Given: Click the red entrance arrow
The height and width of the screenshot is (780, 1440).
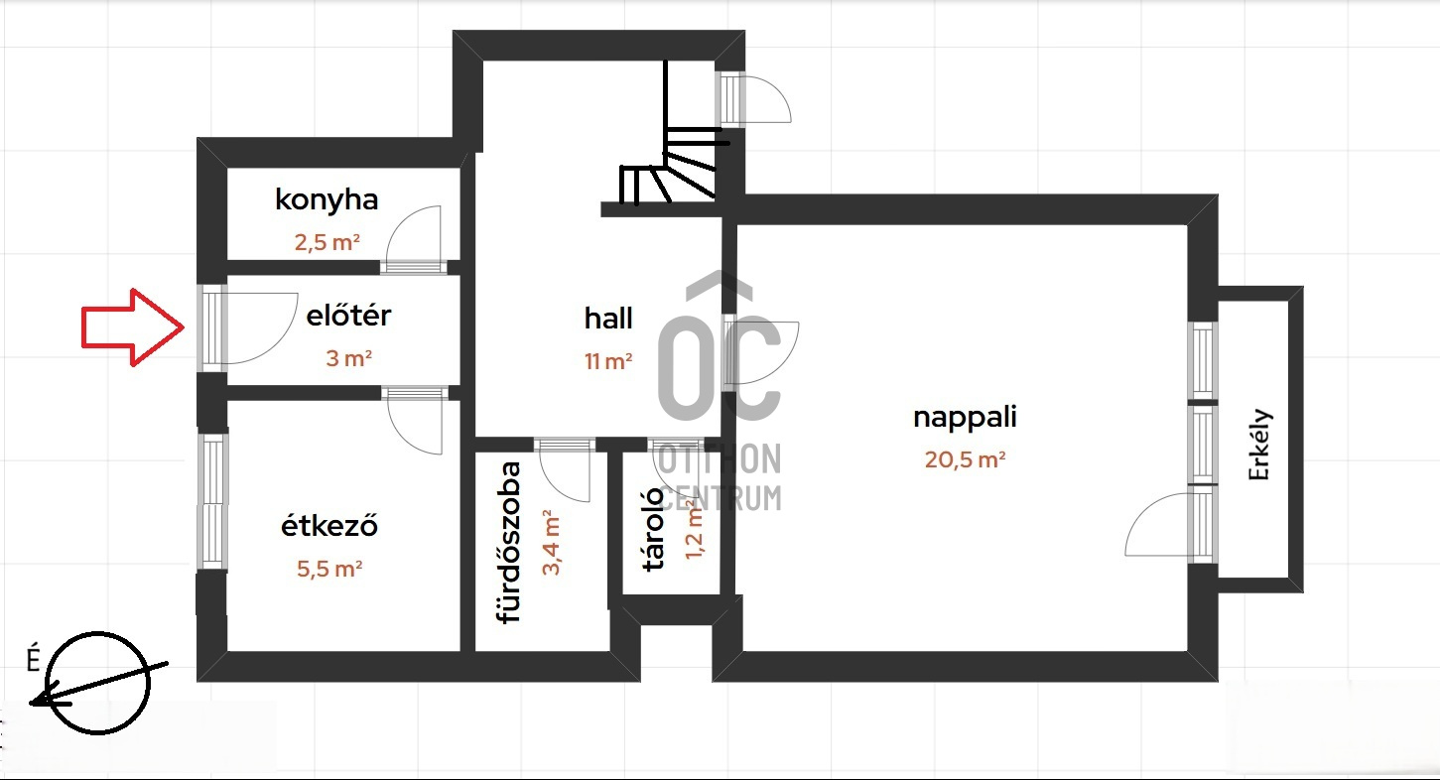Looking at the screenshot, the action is point(133,327).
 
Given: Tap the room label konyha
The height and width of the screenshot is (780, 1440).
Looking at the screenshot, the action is point(327,200).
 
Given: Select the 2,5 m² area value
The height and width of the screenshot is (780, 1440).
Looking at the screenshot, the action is point(327,242).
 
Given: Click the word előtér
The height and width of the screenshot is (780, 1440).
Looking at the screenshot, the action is point(348,316).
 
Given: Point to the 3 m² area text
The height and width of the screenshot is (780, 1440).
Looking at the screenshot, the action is point(349,358).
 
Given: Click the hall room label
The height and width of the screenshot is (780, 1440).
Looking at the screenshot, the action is point(608,318).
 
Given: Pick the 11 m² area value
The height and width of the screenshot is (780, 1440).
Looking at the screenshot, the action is point(608,361).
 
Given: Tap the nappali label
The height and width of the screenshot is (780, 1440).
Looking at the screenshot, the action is point(965,418).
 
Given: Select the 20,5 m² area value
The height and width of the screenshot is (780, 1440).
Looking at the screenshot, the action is point(965,459).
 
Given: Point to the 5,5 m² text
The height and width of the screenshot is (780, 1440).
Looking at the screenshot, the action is point(329,569).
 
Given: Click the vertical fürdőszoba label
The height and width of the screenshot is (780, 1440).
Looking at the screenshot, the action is point(509,543).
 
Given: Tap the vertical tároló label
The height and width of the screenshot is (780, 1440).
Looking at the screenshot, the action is point(653,529).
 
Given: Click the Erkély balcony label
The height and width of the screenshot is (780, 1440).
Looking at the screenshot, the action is point(1260,445).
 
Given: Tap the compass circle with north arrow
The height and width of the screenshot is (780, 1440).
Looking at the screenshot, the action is point(98,683).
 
